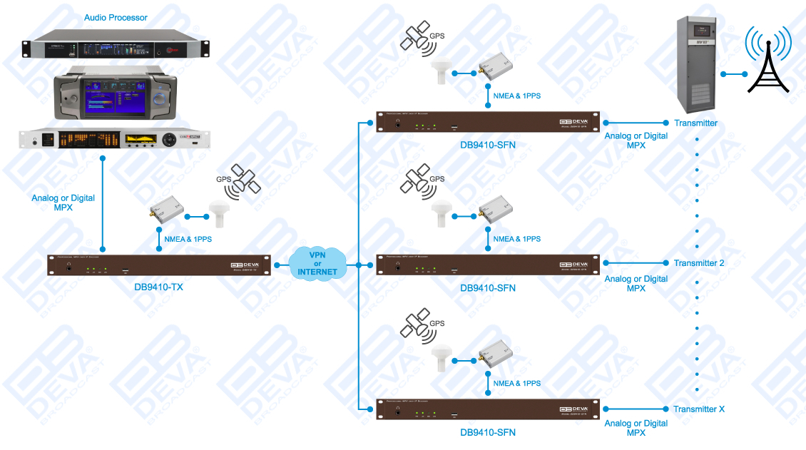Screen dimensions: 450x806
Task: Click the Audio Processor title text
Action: coord(116,17)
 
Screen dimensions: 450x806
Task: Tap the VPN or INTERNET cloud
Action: coord(317,263)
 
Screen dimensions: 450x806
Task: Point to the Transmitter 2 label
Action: coord(698,263)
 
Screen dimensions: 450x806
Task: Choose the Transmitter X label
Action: coord(698,409)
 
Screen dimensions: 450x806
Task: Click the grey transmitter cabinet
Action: coord(697,66)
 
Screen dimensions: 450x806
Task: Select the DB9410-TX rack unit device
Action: coord(160,265)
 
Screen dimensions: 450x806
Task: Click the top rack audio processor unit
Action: coord(116,45)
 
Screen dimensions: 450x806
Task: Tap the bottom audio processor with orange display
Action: coord(116,138)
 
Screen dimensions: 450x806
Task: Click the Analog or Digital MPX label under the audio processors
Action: coord(63,203)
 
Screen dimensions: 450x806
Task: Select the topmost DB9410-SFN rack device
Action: coord(487,122)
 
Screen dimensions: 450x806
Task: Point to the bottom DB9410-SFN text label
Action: coord(488,432)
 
